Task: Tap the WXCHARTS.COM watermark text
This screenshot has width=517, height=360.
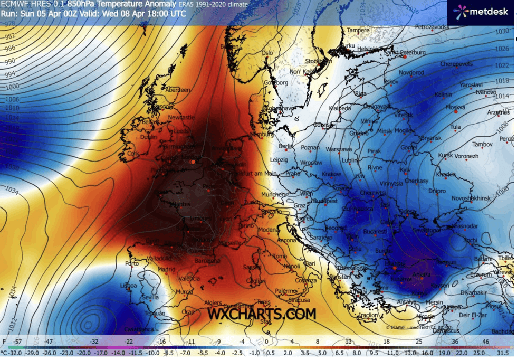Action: [x=262, y=314]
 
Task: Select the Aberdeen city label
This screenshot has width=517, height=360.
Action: [x=178, y=90]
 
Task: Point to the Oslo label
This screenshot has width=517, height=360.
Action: [x=267, y=53]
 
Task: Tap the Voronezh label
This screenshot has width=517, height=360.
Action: [x=466, y=156]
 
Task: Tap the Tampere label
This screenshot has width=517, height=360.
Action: [x=358, y=31]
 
